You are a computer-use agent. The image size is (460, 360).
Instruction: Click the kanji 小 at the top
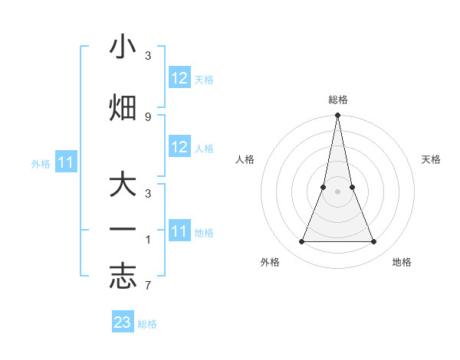[123, 47]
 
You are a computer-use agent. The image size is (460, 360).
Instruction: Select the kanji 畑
[123, 107]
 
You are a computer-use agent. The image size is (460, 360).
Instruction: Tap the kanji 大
[123, 186]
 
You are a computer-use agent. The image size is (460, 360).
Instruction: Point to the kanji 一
[123, 231]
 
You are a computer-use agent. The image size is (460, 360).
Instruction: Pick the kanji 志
[123, 277]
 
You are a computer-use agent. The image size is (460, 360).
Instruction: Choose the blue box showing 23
[123, 322]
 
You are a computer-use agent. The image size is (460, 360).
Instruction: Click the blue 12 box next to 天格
[179, 78]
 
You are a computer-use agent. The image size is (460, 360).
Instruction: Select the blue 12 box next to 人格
[179, 147]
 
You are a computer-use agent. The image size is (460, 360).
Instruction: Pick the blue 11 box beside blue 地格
[179, 231]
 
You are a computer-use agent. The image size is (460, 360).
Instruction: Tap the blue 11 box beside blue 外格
[66, 162]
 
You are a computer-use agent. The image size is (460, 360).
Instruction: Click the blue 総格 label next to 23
[147, 324]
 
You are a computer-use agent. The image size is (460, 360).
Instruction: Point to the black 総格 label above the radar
[337, 100]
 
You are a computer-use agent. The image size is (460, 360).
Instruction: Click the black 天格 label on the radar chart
[432, 159]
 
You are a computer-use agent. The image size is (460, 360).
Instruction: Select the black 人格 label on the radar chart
[245, 159]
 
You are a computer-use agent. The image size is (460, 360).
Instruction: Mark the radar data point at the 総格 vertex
[337, 116]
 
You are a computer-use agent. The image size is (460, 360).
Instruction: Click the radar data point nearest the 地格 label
[374, 242]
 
